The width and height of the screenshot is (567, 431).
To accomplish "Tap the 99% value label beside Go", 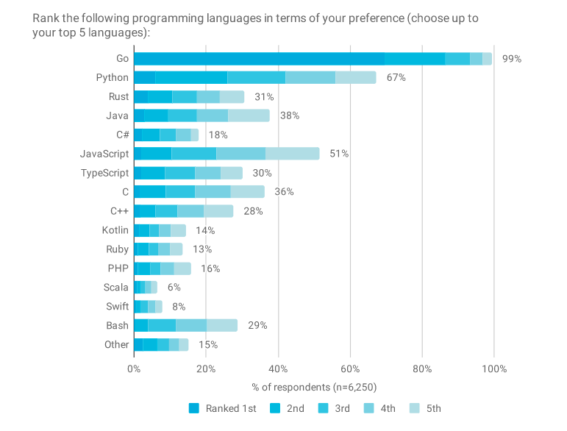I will tap(511, 59).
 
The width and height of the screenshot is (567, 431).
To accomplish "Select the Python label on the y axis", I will tap(112, 77).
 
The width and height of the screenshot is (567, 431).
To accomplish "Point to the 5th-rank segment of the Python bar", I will tap(355, 78).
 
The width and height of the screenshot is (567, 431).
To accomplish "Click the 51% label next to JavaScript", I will tap(339, 154).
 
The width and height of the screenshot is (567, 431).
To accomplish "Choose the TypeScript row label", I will tap(104, 173).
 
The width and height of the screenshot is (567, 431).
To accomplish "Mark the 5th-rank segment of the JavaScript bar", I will tap(293, 154).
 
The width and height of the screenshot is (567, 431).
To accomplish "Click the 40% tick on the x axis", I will tap(278, 368).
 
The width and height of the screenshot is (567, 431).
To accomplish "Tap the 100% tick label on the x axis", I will tap(494, 368).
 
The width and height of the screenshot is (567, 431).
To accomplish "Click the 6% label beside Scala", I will tap(174, 288).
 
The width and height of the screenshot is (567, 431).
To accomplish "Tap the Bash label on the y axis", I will tap(117, 325).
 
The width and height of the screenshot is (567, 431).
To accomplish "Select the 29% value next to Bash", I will tap(257, 325).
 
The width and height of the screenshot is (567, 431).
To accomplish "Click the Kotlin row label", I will tap(115, 230).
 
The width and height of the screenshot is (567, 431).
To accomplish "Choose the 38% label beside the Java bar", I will tap(289, 115).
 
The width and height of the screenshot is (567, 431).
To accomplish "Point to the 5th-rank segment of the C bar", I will tap(247, 192).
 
